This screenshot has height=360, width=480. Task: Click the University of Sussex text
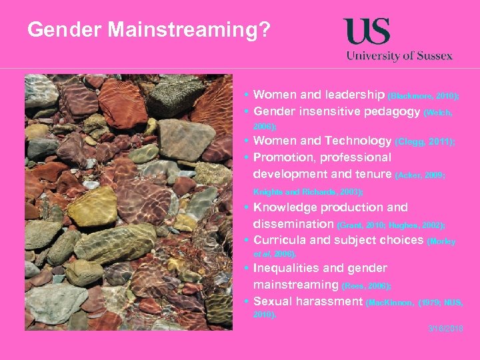(399, 56)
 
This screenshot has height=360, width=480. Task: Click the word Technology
(358, 141)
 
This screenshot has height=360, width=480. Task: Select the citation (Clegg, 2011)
(425, 142)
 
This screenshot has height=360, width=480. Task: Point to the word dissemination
(293, 224)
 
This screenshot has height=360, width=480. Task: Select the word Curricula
(281, 240)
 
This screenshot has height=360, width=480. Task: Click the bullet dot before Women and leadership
(247, 96)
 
